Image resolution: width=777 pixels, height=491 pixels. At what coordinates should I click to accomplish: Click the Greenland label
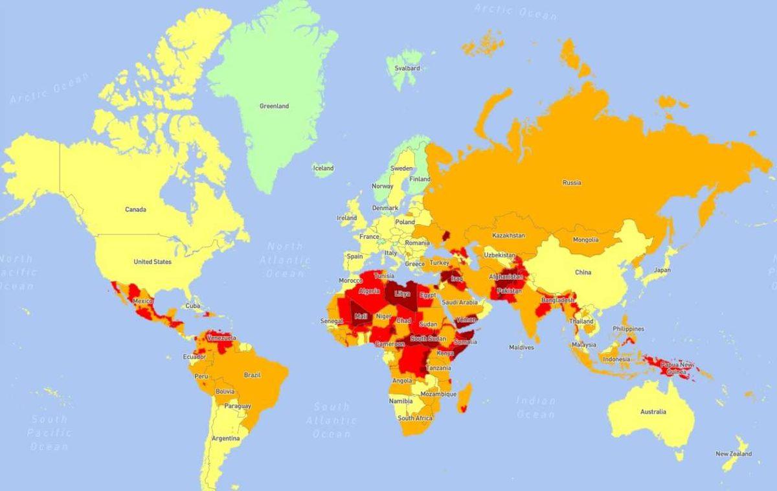click(x=274, y=106)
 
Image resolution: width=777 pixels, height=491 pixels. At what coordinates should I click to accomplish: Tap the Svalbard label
click(x=407, y=68)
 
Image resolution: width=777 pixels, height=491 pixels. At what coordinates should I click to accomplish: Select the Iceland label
click(x=323, y=168)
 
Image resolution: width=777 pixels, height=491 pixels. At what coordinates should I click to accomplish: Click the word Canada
click(x=135, y=209)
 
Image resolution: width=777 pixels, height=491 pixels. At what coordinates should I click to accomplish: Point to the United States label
click(x=152, y=262)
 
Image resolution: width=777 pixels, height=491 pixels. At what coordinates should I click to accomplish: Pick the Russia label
click(x=571, y=183)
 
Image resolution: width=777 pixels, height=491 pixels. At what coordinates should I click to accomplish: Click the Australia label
click(x=653, y=411)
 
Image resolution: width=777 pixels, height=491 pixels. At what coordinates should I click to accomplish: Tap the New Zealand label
click(x=734, y=454)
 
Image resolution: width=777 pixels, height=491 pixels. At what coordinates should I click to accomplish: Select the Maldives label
click(x=521, y=347)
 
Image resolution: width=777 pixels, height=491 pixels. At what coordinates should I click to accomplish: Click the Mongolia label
click(x=585, y=240)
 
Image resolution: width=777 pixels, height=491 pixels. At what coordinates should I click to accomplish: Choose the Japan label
click(x=662, y=269)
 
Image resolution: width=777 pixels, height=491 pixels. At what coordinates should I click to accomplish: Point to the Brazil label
click(x=252, y=375)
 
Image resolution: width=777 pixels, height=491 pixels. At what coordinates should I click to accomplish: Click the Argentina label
click(x=225, y=439)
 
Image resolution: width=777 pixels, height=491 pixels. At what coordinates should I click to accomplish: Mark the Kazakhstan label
click(x=508, y=235)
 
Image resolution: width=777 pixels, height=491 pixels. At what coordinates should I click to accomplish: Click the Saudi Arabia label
click(x=459, y=302)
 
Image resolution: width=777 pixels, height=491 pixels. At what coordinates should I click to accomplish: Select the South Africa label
click(x=415, y=418)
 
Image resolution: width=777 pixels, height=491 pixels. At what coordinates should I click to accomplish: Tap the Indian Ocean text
click(x=536, y=407)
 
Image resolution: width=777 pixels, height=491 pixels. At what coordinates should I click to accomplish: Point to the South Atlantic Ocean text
click(x=332, y=420)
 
